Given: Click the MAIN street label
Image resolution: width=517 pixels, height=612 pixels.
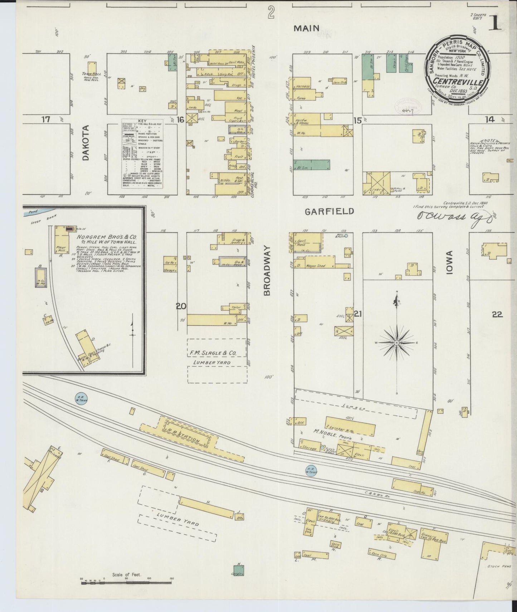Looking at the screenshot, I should tap(306, 28).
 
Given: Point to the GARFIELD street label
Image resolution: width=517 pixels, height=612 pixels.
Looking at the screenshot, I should tap(329, 212).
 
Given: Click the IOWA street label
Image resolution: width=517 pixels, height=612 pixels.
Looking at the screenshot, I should tap(449, 262).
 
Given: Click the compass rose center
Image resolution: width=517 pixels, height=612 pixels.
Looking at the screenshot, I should tap(396, 343).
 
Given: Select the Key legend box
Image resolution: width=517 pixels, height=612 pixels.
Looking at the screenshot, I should tap(142, 154).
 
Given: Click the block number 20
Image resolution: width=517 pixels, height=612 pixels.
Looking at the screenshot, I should tap(181, 306).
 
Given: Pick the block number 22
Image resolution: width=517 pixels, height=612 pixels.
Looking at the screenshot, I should tap(497, 314).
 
